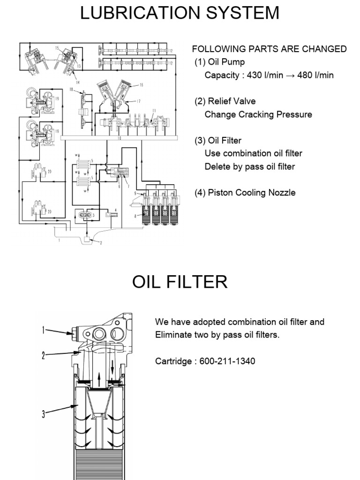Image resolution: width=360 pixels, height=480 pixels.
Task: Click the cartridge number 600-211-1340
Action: coord(227,361)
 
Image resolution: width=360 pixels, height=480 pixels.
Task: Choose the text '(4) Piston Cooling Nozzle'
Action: coord(245,192)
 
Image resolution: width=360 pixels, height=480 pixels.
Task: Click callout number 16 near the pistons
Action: coord(141,85)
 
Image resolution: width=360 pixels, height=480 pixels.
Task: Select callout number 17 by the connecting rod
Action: coord(139,101)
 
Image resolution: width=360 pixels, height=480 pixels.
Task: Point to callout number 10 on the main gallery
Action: coord(119,138)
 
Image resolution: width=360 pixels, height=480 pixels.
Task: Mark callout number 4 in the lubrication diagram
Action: coord(115,210)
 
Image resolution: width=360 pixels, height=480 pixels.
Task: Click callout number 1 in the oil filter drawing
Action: coord(43,330)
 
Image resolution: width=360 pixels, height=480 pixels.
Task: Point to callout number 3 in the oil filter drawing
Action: coord(43,414)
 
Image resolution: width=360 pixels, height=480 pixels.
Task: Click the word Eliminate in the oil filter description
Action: coord(173,335)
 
